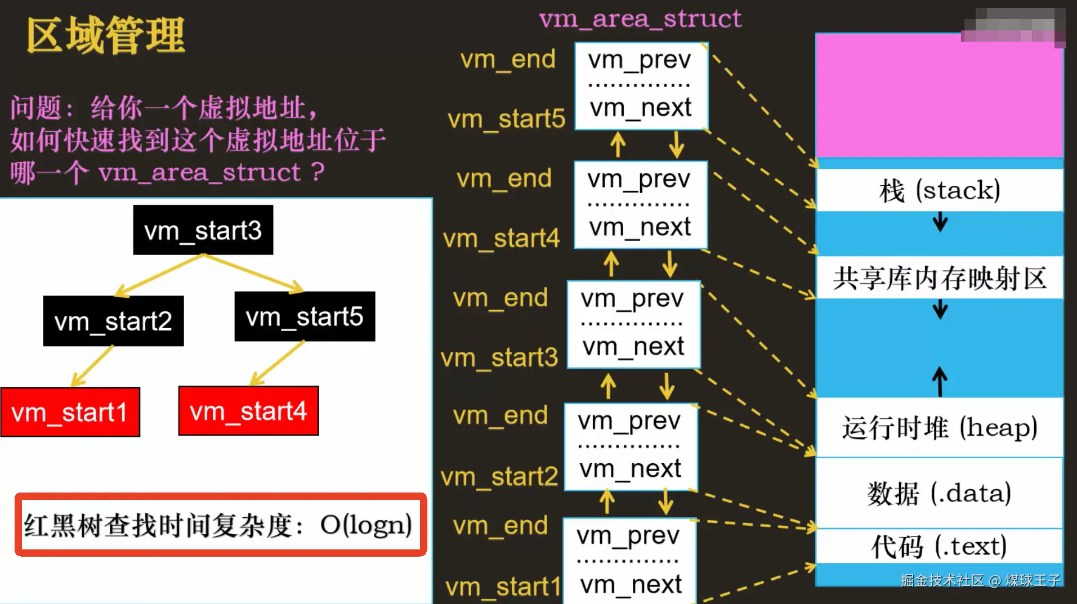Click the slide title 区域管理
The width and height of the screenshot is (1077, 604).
click(105, 35)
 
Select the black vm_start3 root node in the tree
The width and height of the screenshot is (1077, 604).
click(203, 230)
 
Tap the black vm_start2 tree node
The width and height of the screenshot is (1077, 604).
click(113, 321)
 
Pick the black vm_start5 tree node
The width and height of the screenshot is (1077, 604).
click(305, 316)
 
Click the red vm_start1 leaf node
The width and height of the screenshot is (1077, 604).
click(70, 412)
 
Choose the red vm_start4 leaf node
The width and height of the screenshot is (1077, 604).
click(248, 411)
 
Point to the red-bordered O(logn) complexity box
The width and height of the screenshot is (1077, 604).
click(221, 525)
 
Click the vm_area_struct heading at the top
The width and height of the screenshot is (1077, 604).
click(640, 19)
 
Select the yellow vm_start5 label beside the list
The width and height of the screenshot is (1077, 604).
click(506, 119)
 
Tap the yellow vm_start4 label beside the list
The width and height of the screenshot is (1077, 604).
click(501, 239)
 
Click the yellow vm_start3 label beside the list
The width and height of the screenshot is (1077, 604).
click(499, 358)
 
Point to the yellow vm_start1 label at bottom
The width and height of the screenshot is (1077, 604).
click(503, 587)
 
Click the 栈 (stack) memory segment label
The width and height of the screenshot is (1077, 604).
click(940, 190)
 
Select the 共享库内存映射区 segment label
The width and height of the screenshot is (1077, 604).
click(940, 278)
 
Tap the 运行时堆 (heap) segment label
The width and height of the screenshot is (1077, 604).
click(940, 428)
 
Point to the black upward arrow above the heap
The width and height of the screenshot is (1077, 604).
click(940, 381)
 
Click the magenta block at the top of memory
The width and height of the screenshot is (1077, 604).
click(940, 96)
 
